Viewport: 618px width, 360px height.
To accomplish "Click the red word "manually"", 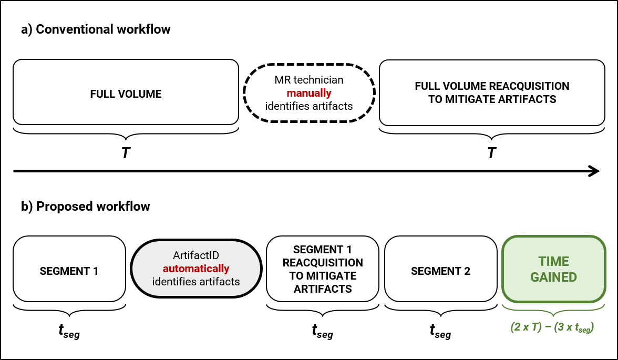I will [309, 94].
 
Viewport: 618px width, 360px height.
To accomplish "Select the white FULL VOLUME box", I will [126, 92].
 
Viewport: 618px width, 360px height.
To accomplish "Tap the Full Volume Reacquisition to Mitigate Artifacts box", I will [492, 92].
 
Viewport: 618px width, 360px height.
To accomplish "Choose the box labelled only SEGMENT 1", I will [69, 269].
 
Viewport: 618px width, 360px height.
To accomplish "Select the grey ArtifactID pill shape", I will [196, 269].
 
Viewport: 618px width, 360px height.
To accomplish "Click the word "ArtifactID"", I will [196, 255].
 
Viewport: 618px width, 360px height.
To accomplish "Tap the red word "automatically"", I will [196, 269].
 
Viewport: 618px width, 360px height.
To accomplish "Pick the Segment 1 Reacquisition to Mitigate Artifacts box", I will [323, 269].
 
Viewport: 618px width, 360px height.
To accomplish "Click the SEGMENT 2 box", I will [440, 269].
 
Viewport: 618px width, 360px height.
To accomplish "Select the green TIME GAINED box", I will [554, 269].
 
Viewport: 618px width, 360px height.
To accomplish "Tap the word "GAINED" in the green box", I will [554, 277].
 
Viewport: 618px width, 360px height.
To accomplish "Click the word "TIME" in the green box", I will [554, 262].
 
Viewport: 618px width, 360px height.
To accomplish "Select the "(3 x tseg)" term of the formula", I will [574, 327].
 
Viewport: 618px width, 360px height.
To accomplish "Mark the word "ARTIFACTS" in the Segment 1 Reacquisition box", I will [323, 289].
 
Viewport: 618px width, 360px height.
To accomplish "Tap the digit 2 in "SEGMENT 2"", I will [467, 271].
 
